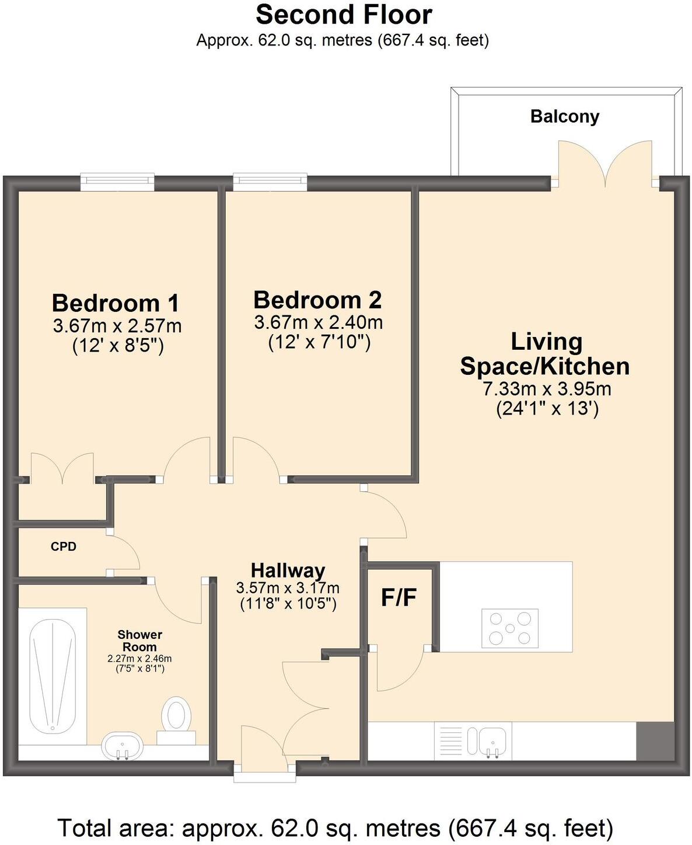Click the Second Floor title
344,15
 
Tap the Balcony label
564,116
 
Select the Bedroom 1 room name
116,303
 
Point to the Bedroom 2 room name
317,300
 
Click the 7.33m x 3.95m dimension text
546,388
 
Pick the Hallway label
288,570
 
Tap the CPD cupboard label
64,547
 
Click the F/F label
399,597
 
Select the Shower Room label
139,641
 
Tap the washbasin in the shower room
122,747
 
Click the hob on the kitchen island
509,628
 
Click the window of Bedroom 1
117,182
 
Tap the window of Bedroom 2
270,182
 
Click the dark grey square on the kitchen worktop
655,740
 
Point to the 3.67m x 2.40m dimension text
319,322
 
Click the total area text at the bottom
335,827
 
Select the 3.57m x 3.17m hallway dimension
288,587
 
